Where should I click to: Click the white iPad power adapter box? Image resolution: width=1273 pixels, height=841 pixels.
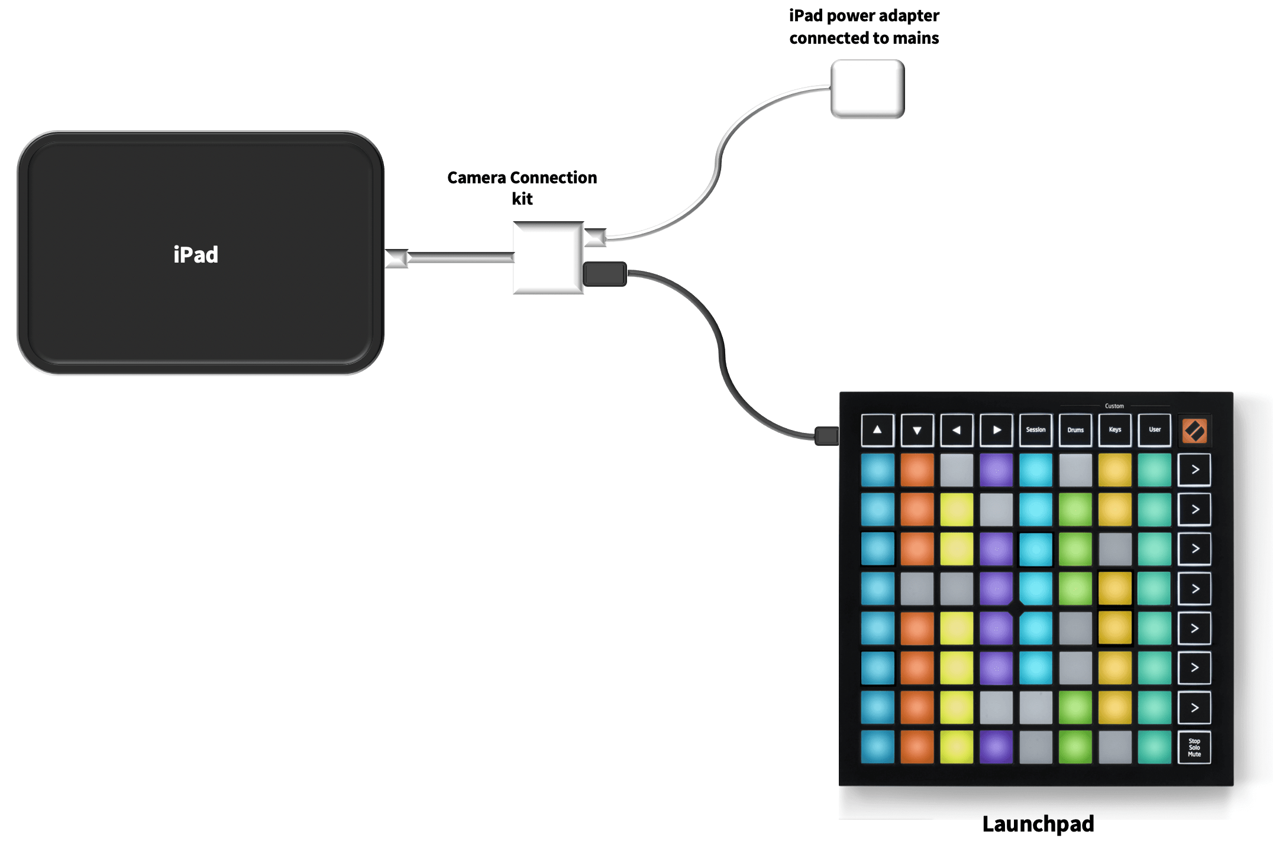(x=867, y=89)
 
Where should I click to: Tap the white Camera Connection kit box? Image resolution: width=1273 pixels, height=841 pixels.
(x=548, y=258)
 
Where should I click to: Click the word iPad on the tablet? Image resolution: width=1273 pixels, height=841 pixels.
(x=196, y=255)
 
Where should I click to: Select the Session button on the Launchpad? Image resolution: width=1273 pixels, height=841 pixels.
(x=1035, y=430)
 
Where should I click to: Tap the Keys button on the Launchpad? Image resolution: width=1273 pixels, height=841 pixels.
(x=1114, y=430)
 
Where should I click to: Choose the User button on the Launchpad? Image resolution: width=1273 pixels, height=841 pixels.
(x=1154, y=430)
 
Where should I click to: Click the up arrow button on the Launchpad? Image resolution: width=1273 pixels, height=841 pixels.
(x=877, y=430)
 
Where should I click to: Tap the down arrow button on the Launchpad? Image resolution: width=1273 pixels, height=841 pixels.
(x=917, y=430)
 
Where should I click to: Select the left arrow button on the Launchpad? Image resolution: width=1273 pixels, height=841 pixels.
(x=957, y=430)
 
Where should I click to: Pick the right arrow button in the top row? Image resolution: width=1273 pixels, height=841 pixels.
(x=996, y=430)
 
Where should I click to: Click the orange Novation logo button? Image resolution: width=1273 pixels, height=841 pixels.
(x=1194, y=431)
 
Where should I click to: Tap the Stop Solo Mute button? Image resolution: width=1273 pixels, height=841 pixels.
(x=1194, y=748)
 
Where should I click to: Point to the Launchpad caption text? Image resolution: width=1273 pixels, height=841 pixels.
(x=1038, y=824)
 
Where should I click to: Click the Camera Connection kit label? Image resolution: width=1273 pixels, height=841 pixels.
(x=522, y=187)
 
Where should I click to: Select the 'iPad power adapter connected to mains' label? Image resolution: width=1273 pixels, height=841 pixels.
(x=864, y=27)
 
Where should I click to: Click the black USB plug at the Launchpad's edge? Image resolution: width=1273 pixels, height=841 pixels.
(x=826, y=436)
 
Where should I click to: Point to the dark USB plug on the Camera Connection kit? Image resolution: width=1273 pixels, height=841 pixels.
(x=605, y=274)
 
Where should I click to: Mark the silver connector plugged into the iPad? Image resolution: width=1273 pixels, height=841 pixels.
(x=396, y=258)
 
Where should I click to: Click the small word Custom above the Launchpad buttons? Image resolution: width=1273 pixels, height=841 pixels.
(x=1114, y=406)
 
